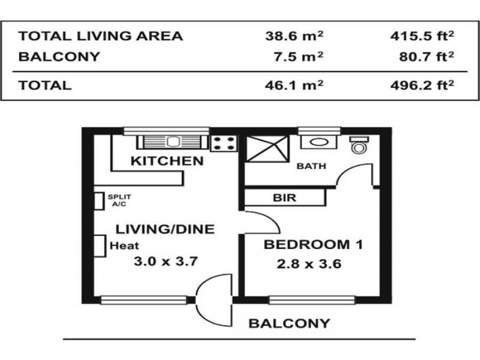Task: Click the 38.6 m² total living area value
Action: [x=294, y=36]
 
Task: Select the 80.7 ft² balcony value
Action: [x=427, y=56]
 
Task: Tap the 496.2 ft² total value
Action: [x=422, y=85]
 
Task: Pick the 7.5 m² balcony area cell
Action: [x=298, y=56]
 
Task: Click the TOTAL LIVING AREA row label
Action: [x=101, y=36]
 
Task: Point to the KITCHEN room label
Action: [x=167, y=161]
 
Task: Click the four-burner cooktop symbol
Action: [x=224, y=143]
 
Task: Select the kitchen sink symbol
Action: [x=173, y=142]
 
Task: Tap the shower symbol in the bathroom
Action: [x=267, y=148]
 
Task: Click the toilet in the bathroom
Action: [x=359, y=145]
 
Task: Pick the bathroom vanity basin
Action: [x=319, y=142]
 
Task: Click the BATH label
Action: [x=311, y=166]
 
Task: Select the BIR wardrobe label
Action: [x=284, y=198]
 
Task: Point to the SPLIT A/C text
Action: [x=119, y=200]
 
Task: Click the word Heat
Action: [x=124, y=245]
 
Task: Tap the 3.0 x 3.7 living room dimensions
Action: [x=166, y=262]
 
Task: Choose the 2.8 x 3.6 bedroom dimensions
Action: [x=309, y=264]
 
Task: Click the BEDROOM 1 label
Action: [x=313, y=245]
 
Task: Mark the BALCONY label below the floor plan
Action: [x=289, y=323]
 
